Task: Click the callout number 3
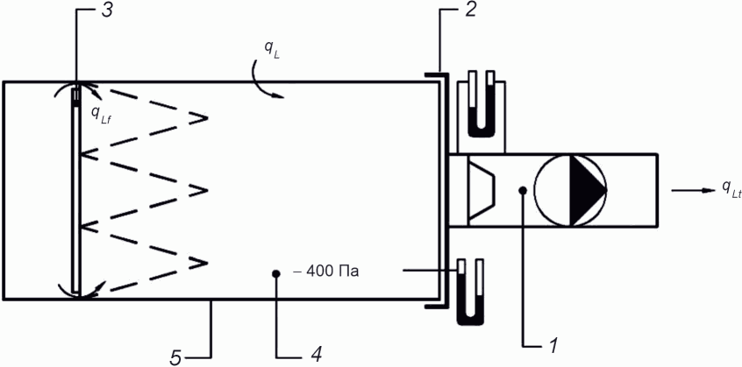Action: coord(106,11)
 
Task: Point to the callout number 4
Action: coord(316,354)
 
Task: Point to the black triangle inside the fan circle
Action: coord(586,190)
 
